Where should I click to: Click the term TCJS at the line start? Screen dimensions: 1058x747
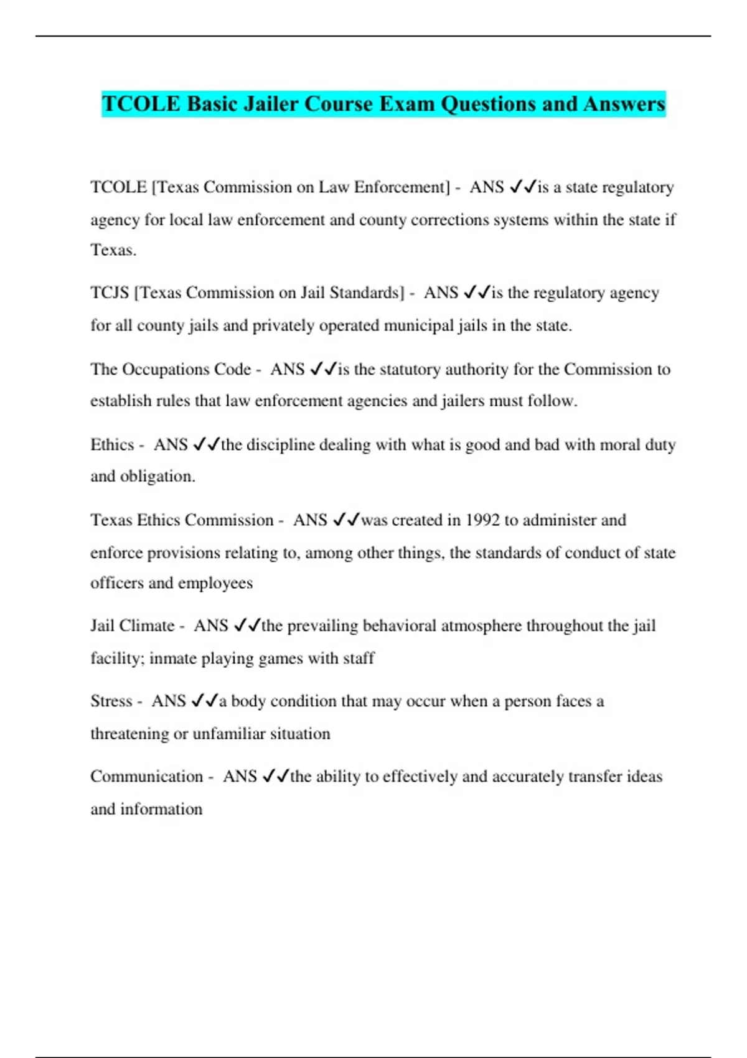[x=110, y=293]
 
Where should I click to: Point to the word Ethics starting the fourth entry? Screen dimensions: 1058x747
[x=112, y=444]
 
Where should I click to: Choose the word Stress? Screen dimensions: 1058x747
[x=111, y=701]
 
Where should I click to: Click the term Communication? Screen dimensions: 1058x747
[x=146, y=776]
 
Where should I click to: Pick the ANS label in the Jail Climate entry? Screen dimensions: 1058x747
[x=211, y=625]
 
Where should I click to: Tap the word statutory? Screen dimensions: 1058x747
[x=409, y=369]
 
